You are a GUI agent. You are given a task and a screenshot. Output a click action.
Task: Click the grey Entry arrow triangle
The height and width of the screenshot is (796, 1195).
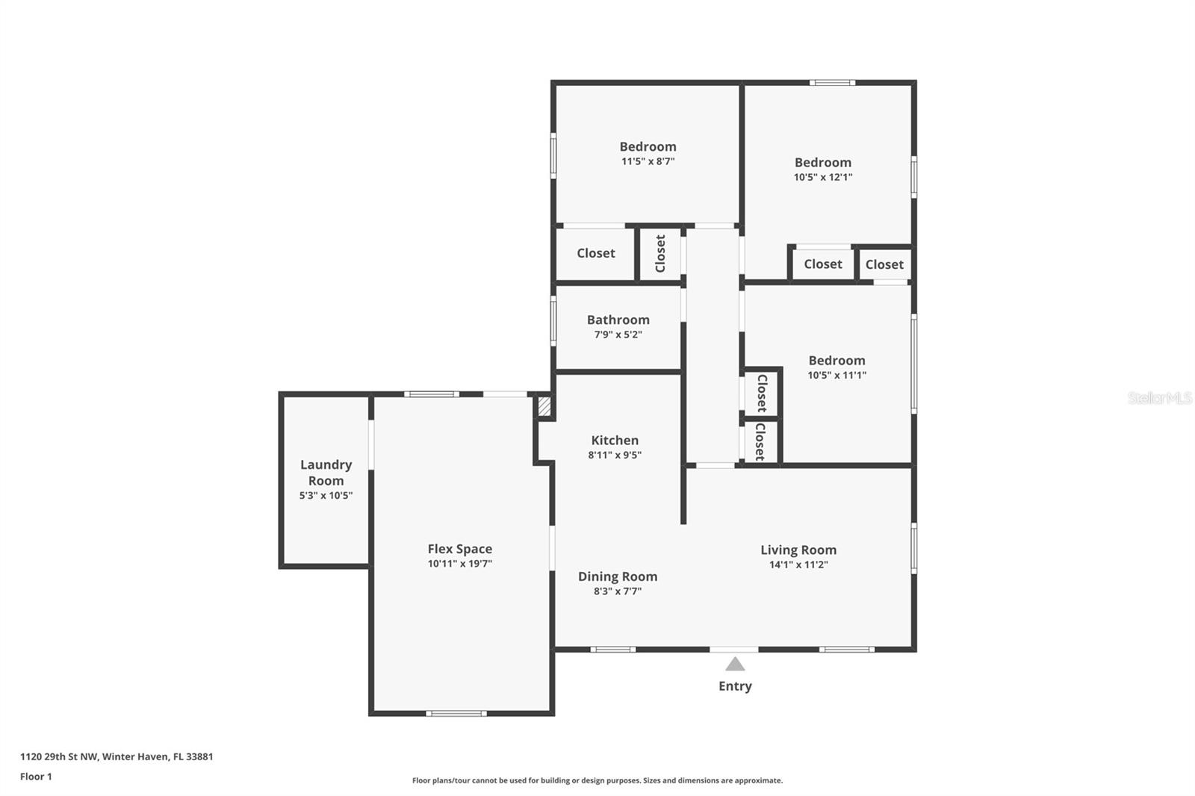pos(735,665)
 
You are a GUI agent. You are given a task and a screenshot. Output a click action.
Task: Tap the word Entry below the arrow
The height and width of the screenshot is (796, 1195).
pos(735,686)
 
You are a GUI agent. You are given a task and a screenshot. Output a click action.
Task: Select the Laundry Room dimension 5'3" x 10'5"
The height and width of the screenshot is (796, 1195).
pos(326,495)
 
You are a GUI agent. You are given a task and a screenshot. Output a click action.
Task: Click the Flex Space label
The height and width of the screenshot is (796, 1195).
pos(459,549)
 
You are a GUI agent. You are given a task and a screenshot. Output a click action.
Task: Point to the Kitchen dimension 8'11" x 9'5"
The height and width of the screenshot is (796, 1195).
pos(615,455)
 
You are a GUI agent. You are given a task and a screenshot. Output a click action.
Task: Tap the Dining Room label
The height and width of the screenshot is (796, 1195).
pos(617,576)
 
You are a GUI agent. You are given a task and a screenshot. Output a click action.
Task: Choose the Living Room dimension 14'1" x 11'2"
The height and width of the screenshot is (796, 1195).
pos(798,564)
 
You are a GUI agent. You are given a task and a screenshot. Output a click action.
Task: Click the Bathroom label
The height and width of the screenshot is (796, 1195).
pos(618,320)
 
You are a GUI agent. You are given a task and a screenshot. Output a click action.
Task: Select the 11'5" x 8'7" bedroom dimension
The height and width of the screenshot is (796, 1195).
pos(648,161)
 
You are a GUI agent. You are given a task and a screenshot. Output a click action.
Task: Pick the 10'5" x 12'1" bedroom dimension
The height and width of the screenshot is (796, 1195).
pos(822,177)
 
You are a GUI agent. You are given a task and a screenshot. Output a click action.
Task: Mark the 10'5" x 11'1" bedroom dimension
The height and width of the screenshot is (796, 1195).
pos(836,375)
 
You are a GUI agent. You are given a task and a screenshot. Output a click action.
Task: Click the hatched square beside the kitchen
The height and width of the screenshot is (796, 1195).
pos(544,406)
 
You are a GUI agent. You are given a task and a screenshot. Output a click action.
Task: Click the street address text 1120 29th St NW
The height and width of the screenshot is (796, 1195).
pos(59,756)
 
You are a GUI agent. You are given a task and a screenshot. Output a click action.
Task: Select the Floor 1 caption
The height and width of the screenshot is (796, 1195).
pos(37,777)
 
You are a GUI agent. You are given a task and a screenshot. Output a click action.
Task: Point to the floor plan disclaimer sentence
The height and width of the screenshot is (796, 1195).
pos(597,780)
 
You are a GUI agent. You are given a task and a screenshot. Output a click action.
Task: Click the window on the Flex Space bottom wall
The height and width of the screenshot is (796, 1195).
pos(456,713)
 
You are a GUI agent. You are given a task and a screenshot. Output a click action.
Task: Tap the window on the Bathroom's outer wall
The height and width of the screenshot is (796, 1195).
pos(553,321)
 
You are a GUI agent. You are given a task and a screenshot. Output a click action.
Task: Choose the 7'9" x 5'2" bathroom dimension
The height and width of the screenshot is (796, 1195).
pos(618,335)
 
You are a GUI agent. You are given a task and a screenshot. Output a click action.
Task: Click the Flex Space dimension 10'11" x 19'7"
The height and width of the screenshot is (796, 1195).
pos(459,563)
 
